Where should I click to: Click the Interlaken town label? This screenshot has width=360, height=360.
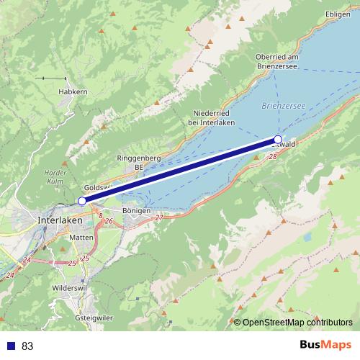(x=60, y=220)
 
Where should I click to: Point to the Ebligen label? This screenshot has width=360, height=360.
(x=337, y=14)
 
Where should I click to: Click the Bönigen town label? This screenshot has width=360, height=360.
(x=136, y=210)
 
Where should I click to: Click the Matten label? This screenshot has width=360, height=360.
(x=78, y=237)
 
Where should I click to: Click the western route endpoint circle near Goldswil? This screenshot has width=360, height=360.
(x=82, y=201)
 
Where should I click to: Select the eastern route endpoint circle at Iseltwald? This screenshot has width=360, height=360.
(x=278, y=139)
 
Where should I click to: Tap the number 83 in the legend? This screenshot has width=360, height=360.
(x=27, y=346)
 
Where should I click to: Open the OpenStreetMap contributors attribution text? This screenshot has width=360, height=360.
(x=297, y=322)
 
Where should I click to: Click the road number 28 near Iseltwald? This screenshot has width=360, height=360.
(x=272, y=156)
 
